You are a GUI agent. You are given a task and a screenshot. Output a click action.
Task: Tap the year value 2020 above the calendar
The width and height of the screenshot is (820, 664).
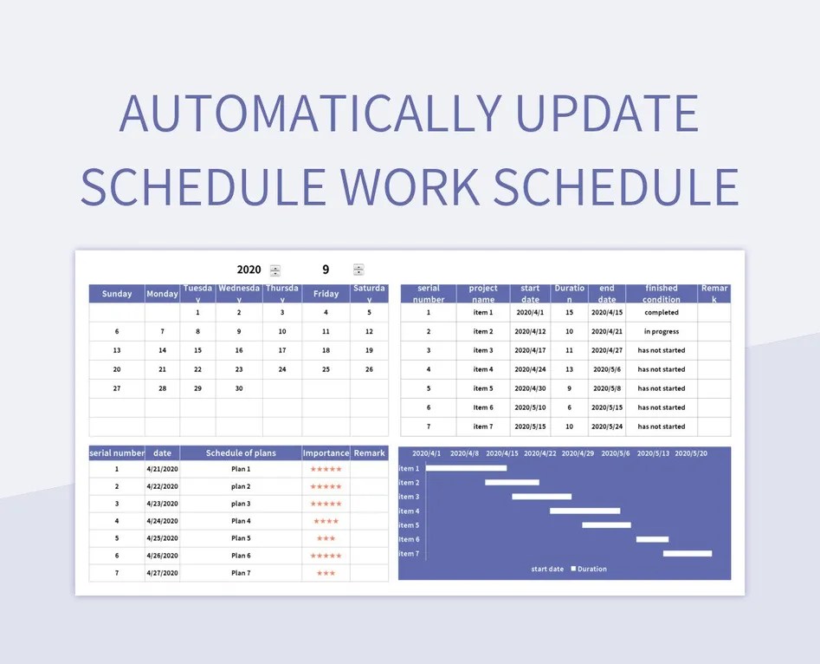click(x=249, y=270)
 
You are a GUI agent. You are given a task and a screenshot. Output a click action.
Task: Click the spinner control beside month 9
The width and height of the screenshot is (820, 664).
click(x=358, y=270)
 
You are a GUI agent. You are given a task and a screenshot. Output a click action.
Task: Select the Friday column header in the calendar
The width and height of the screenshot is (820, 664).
click(x=326, y=294)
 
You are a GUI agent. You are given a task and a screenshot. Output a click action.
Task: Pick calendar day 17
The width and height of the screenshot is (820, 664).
click(x=281, y=350)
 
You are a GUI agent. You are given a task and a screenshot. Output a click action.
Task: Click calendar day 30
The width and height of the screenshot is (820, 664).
click(x=239, y=388)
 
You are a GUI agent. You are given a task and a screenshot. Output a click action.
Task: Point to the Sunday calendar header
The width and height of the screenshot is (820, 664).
click(x=117, y=294)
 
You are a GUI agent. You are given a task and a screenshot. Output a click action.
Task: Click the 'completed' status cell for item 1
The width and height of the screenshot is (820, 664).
click(x=662, y=312)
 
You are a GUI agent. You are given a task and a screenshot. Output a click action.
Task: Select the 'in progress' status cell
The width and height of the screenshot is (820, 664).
click(x=662, y=331)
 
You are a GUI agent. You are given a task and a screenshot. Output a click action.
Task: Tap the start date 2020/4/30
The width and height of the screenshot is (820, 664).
click(x=530, y=388)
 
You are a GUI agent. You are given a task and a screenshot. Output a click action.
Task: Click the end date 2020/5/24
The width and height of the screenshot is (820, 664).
click(x=607, y=426)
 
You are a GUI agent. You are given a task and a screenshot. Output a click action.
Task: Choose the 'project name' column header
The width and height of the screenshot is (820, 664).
click(x=483, y=294)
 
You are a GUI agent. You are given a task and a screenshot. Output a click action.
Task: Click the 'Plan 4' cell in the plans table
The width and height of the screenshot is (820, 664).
click(x=241, y=521)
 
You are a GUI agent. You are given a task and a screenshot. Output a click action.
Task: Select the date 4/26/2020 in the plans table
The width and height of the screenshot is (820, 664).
click(x=162, y=556)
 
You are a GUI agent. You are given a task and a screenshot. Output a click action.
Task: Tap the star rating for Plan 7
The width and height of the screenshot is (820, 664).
click(x=326, y=573)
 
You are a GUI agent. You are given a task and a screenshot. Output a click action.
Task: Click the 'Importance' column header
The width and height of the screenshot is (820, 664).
click(x=326, y=452)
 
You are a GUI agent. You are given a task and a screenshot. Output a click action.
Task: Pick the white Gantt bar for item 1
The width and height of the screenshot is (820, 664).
click(x=466, y=468)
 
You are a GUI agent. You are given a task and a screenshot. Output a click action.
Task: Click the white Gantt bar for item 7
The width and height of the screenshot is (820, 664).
click(x=688, y=553)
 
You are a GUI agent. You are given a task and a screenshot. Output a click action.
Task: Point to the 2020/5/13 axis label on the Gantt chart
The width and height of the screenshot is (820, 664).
click(x=653, y=453)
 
